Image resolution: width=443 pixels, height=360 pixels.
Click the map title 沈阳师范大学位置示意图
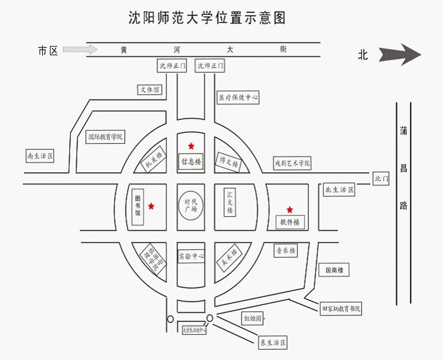[x=207, y=17]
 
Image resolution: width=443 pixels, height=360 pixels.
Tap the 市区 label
[x=49, y=50]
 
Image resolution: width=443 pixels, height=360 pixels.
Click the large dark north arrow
[x=401, y=54]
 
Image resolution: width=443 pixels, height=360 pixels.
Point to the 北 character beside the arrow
[x=363, y=55]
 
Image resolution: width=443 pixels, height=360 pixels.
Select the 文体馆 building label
[x=149, y=90]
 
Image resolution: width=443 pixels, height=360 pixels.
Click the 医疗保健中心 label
[x=238, y=98]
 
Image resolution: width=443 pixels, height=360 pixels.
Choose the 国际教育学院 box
[x=106, y=137]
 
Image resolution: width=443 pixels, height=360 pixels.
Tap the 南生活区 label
[x=40, y=156]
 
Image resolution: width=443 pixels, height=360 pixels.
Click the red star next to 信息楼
[x=190, y=146]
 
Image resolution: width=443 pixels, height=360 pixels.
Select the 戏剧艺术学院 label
[x=292, y=164]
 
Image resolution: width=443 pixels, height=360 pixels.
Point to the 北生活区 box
[x=340, y=190]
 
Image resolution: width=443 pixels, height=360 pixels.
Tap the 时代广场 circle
[x=191, y=206]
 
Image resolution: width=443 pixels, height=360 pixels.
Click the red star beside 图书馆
[x=151, y=206]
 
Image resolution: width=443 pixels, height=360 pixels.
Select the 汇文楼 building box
[x=229, y=203]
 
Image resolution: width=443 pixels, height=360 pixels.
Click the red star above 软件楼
[x=290, y=209]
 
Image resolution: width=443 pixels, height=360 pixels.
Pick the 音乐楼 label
[x=285, y=251]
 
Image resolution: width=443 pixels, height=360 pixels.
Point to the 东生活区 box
[x=273, y=342]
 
